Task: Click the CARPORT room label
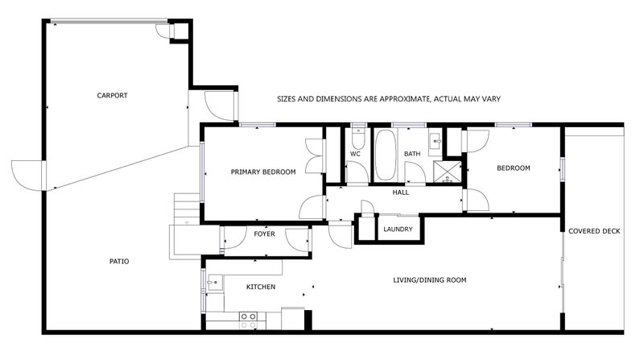click(112, 95)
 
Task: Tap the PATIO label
click(119, 262)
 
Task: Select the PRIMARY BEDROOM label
click(263, 172)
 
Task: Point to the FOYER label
click(265, 234)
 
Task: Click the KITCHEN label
click(261, 287)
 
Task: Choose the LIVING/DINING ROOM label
click(430, 280)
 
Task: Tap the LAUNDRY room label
click(398, 229)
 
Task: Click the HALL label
click(400, 192)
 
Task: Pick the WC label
click(355, 154)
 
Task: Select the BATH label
click(412, 154)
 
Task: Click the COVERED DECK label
click(594, 231)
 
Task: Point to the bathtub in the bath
click(386, 155)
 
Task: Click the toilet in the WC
click(357, 139)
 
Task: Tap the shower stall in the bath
click(448, 172)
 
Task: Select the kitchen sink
click(215, 283)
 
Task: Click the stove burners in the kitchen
click(248, 321)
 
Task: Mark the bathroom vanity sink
click(436, 142)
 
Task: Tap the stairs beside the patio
click(187, 209)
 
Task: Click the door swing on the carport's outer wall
click(27, 176)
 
